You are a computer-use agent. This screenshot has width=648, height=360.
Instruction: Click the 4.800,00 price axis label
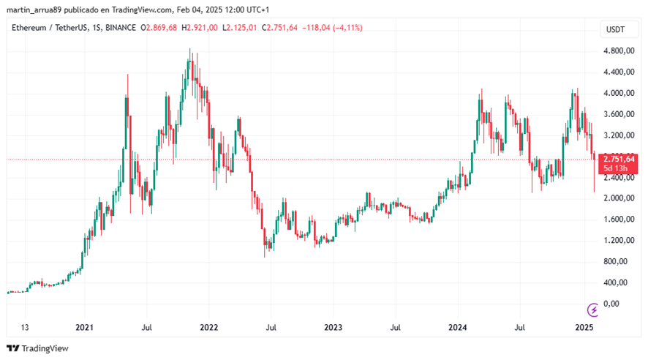click(617, 51)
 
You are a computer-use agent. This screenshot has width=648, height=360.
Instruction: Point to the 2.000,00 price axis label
click(617, 198)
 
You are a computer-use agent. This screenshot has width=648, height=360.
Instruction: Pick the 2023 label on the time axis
click(334, 327)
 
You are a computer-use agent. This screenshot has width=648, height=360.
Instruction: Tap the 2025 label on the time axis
click(583, 327)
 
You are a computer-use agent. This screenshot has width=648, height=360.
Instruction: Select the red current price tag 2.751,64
click(617, 159)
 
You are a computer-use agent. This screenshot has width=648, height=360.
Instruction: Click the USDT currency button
click(617, 29)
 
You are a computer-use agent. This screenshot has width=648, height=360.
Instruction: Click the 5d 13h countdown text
click(614, 168)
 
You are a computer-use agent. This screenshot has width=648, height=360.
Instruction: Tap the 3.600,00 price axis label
click(617, 114)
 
